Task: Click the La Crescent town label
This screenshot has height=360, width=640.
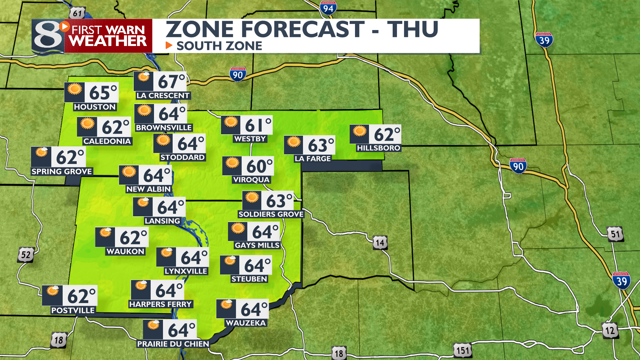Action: (x=163, y=96)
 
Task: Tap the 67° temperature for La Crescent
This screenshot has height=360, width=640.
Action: (x=171, y=82)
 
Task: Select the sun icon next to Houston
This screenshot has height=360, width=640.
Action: (x=75, y=89)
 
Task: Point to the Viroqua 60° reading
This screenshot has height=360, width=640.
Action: (x=259, y=166)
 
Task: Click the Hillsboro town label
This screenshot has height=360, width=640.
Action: (x=378, y=148)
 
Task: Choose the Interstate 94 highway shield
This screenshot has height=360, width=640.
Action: (x=328, y=8)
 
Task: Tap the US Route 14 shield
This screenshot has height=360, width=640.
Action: (x=380, y=243)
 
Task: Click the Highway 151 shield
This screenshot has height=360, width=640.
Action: (x=463, y=351)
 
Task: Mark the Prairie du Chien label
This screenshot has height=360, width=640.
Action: (x=173, y=344)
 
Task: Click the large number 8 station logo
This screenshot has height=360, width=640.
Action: (x=48, y=37)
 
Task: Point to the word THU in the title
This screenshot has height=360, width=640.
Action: (x=413, y=29)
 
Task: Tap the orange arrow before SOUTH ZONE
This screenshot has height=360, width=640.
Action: (x=169, y=45)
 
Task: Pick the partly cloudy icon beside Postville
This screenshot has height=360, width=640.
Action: (x=52, y=291)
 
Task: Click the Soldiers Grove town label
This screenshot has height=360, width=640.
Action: (x=271, y=214)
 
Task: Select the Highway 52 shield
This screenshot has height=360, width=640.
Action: (x=26, y=255)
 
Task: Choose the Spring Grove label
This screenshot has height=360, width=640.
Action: (x=62, y=172)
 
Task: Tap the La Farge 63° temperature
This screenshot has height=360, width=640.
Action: (x=320, y=145)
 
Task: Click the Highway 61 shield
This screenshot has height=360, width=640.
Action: (x=77, y=14)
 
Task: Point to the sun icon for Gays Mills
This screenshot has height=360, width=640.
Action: (x=238, y=229)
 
